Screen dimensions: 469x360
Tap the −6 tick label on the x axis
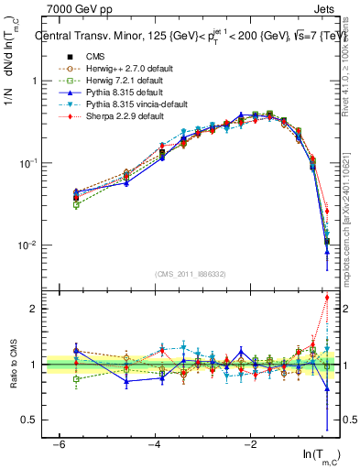tap(59, 443)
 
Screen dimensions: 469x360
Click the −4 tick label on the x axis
tap(155, 443)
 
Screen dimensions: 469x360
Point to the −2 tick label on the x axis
tap(251, 443)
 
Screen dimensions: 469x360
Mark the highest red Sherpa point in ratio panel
tap(326, 297)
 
